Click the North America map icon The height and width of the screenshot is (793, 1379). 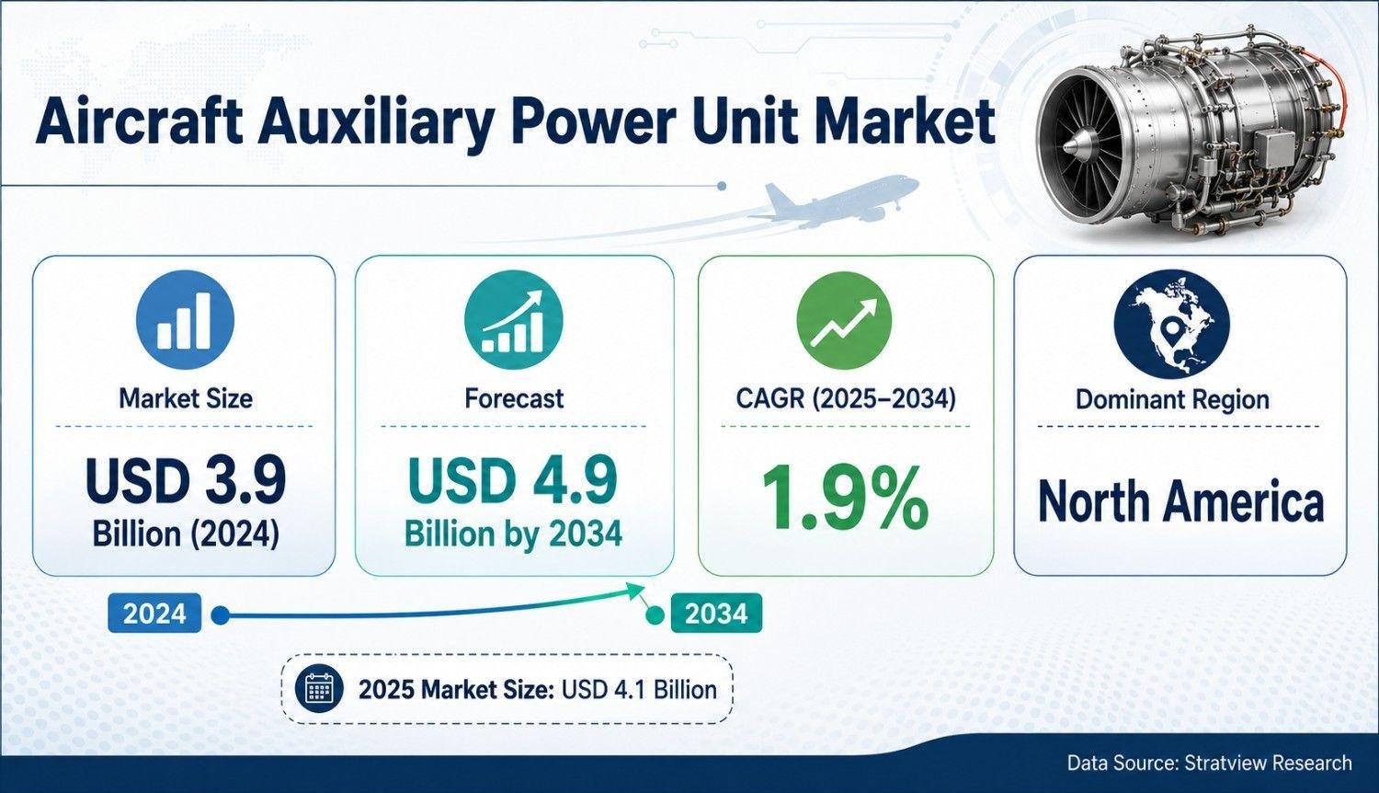click(1172, 324)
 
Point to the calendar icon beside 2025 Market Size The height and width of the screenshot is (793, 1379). click(319, 689)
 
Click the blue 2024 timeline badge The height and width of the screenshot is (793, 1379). click(154, 613)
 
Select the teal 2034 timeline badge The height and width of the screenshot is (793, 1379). click(716, 613)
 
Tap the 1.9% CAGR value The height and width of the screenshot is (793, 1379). click(845, 499)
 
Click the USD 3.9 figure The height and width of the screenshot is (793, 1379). click(186, 480)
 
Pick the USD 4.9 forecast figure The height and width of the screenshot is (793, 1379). click(512, 480)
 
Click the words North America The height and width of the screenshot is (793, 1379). click(1180, 501)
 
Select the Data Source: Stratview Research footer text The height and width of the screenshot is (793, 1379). click(1210, 763)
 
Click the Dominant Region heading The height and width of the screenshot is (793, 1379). click(1172, 399)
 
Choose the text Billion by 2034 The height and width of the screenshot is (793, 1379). click(513, 534)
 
